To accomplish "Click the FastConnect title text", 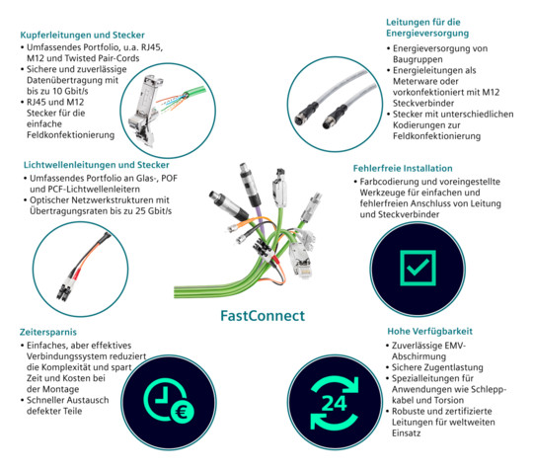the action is [x=263, y=316].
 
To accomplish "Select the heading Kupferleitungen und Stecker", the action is [x=82, y=35].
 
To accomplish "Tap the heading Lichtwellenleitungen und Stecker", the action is [x=96, y=165].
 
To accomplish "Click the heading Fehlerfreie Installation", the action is [x=403, y=168].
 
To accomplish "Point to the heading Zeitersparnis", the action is [x=48, y=332].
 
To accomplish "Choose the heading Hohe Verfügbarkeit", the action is [x=430, y=331].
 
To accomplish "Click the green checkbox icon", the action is [x=418, y=268].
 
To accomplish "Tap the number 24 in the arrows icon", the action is [x=335, y=403].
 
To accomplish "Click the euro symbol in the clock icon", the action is [x=182, y=412].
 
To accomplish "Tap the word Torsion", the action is [x=448, y=400].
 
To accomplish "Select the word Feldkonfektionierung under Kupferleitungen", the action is [x=71, y=135].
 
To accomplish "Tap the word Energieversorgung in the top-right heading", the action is [x=427, y=34].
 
